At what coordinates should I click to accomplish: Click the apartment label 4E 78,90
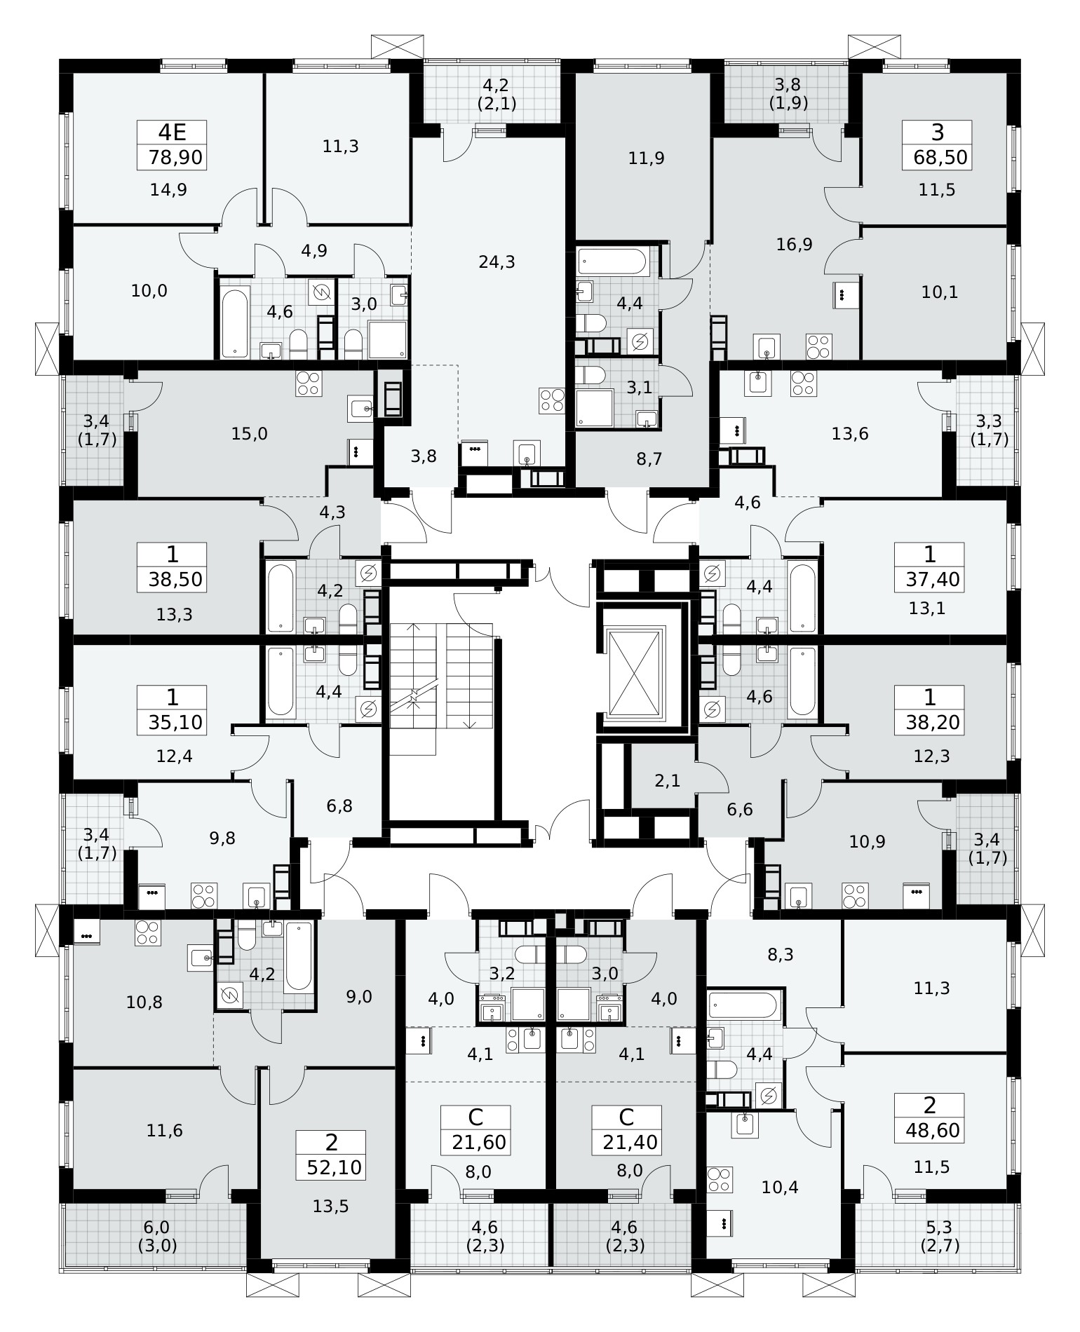172,145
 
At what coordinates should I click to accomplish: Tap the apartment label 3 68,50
937,145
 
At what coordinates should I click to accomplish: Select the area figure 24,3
497,262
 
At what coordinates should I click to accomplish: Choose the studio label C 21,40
627,1130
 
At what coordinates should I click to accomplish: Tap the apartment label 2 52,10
331,1155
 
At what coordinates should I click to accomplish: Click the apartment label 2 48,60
930,1117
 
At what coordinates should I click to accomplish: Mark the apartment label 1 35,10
172,709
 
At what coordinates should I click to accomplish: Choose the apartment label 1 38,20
930,709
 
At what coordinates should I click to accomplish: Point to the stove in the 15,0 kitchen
309,383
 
